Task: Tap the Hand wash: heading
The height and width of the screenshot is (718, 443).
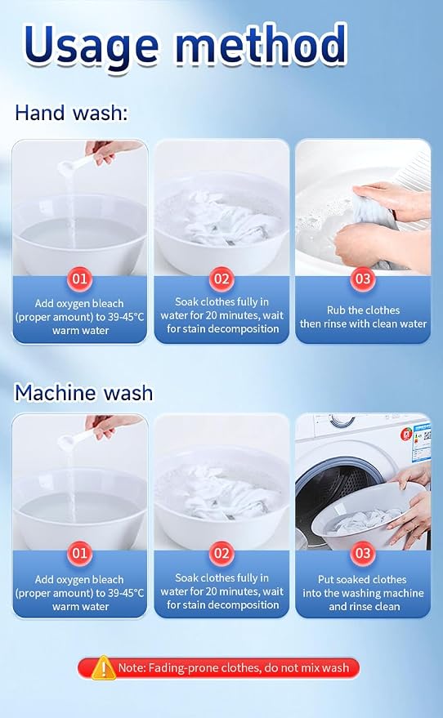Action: pyautogui.click(x=71, y=113)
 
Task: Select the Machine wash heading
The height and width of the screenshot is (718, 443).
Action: pyautogui.click(x=84, y=393)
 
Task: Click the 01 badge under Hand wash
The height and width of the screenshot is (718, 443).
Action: pyautogui.click(x=80, y=279)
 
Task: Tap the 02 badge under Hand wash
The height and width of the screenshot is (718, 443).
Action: pyautogui.click(x=221, y=279)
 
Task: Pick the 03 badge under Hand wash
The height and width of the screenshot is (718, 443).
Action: pyautogui.click(x=363, y=279)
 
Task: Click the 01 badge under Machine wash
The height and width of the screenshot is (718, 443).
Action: pyautogui.click(x=80, y=553)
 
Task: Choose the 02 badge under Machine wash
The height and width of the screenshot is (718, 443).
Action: pyautogui.click(x=221, y=553)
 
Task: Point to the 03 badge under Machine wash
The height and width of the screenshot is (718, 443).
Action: pyautogui.click(x=363, y=553)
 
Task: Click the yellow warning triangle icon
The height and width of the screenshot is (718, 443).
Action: pyautogui.click(x=103, y=667)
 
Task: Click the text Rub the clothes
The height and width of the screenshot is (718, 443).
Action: pyautogui.click(x=363, y=310)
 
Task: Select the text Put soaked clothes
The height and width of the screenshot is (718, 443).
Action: pyautogui.click(x=362, y=579)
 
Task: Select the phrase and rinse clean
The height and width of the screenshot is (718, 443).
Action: pyautogui.click(x=365, y=606)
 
